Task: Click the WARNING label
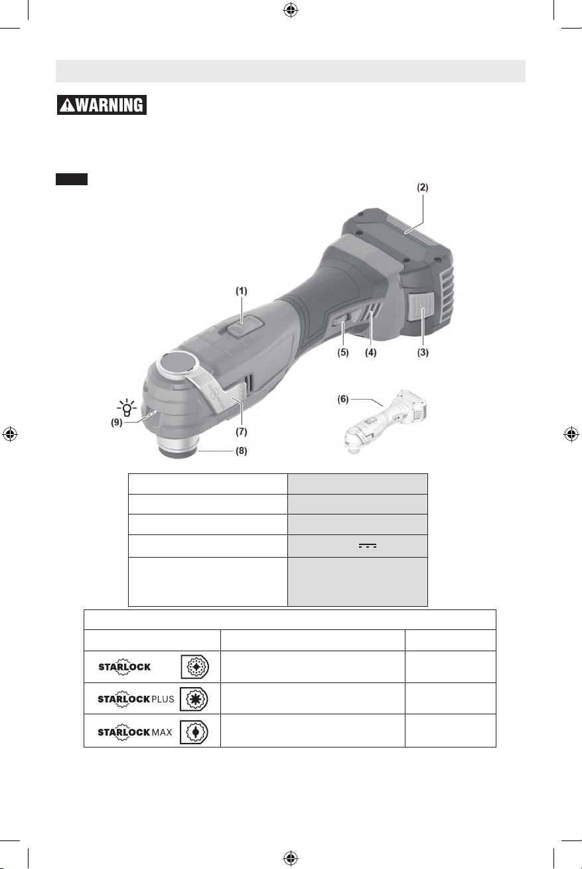(102, 105)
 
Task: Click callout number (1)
(241, 291)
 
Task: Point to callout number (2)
(423, 187)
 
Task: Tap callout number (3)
(423, 353)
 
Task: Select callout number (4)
(371, 353)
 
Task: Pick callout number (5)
(343, 353)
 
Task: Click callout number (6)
(343, 399)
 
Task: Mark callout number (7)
(241, 432)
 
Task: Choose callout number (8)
(241, 451)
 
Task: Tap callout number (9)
(117, 422)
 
